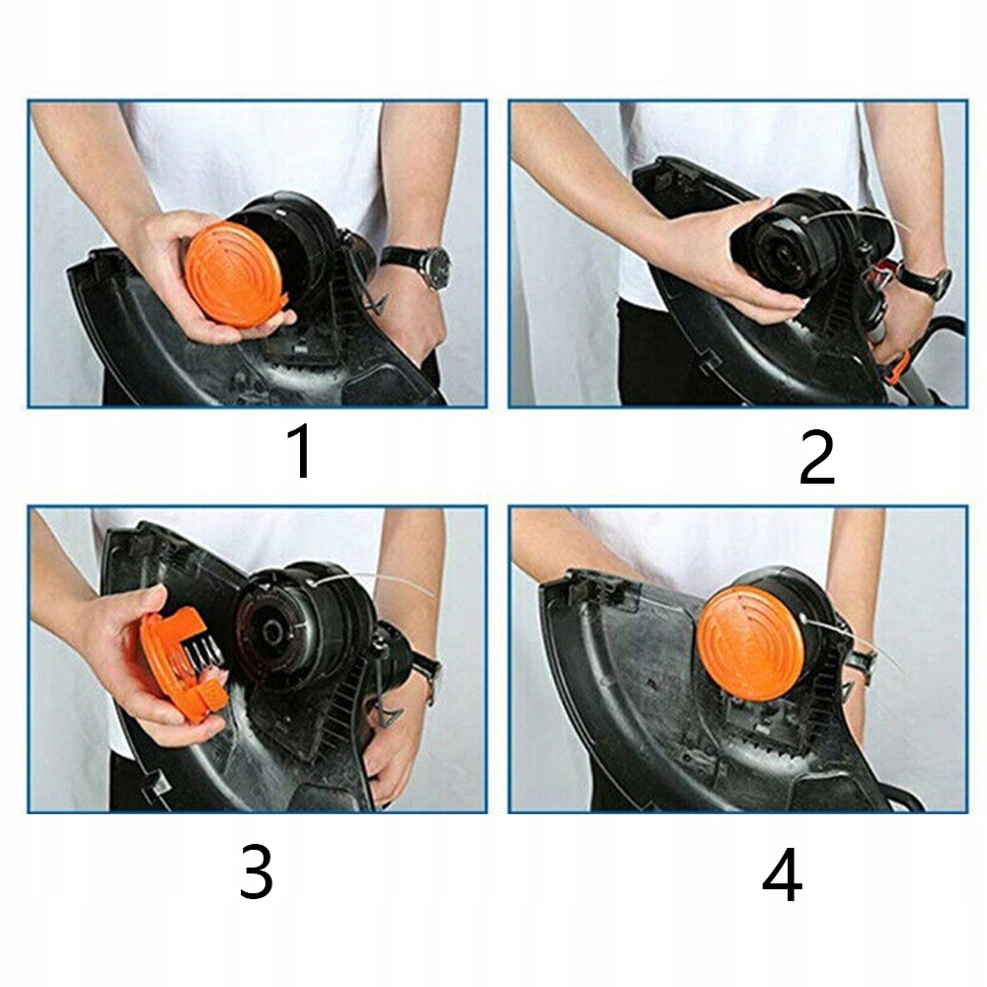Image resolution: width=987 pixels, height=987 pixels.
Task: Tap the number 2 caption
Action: pos(816,457)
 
